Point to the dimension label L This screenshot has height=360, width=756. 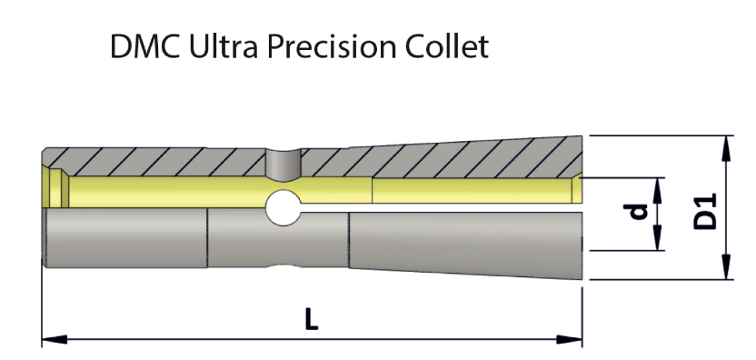pos(312,321)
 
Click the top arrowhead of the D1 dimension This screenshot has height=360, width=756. pos(727,144)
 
